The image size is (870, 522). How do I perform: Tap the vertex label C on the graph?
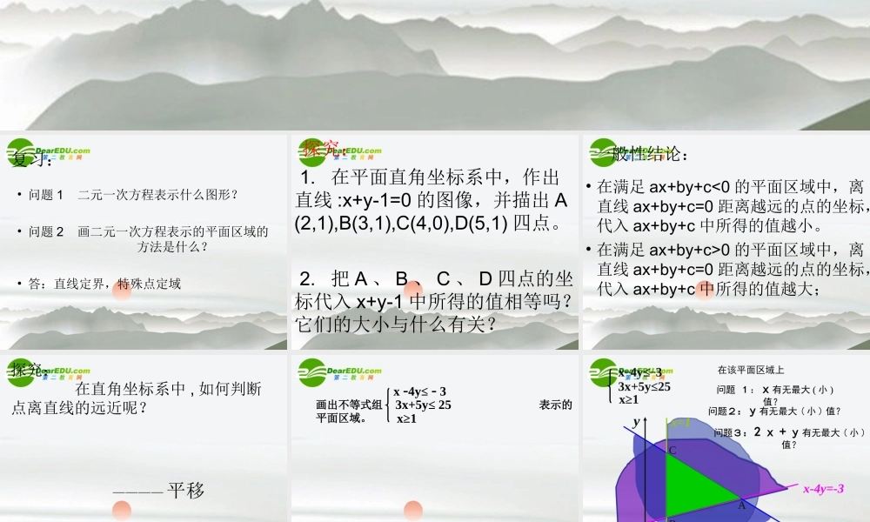click(672, 450)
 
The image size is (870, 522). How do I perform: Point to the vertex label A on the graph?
click(742, 505)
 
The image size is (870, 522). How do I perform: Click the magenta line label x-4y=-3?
click(823, 489)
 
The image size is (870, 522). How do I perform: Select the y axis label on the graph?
click(636, 421)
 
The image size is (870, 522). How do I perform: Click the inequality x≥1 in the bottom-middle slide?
click(407, 418)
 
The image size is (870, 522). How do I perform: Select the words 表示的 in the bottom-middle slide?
click(555, 405)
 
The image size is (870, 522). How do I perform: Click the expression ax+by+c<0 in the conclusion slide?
click(692, 186)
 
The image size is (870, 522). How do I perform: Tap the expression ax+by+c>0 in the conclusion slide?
click(692, 250)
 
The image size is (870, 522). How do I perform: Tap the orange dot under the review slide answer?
click(122, 290)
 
